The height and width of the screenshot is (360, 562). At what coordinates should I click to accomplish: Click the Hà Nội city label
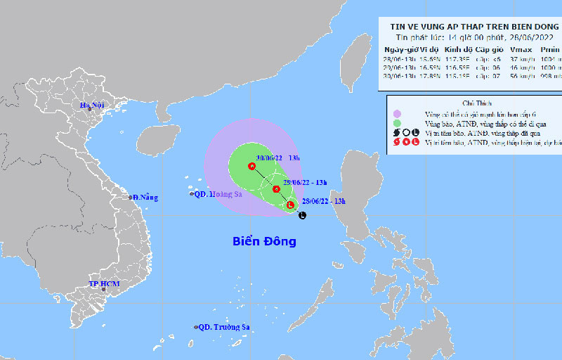[x=91, y=106]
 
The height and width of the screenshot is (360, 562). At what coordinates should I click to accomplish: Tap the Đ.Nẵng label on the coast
[x=145, y=198]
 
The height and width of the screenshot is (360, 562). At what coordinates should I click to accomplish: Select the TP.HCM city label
[x=104, y=284]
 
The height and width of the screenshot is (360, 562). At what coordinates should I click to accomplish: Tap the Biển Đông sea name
[x=264, y=242]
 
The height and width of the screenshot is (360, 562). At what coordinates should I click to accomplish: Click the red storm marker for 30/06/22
[x=251, y=167]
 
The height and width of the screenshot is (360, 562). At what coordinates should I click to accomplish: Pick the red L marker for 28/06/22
[x=290, y=205]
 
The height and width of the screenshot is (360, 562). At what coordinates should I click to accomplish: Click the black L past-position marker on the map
[x=301, y=214]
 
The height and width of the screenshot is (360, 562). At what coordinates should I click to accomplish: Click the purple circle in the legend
[x=397, y=113]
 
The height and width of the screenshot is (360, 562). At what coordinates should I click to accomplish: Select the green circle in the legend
[x=397, y=123]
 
